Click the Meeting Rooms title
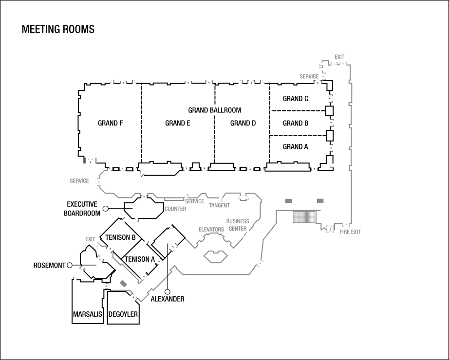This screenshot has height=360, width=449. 58,29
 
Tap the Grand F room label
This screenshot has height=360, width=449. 110,123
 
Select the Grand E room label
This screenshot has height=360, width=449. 178,123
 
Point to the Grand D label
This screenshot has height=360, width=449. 243,123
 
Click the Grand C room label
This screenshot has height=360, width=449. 296,99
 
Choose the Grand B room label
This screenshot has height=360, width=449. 296,123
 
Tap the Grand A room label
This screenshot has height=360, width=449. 296,147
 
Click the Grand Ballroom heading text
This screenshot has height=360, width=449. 214,110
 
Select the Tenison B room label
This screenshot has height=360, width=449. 121,237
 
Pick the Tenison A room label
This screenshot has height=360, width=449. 140,259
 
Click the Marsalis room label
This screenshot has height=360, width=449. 88,314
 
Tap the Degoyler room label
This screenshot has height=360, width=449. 123,314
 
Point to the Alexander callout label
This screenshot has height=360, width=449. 168,299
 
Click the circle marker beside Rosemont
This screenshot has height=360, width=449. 69,265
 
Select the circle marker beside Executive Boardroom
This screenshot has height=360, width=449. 105,209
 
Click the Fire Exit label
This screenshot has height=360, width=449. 350,232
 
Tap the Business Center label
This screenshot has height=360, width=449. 238,225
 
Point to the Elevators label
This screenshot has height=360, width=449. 211,230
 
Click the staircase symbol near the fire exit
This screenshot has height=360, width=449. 304,216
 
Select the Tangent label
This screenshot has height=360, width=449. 219,205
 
